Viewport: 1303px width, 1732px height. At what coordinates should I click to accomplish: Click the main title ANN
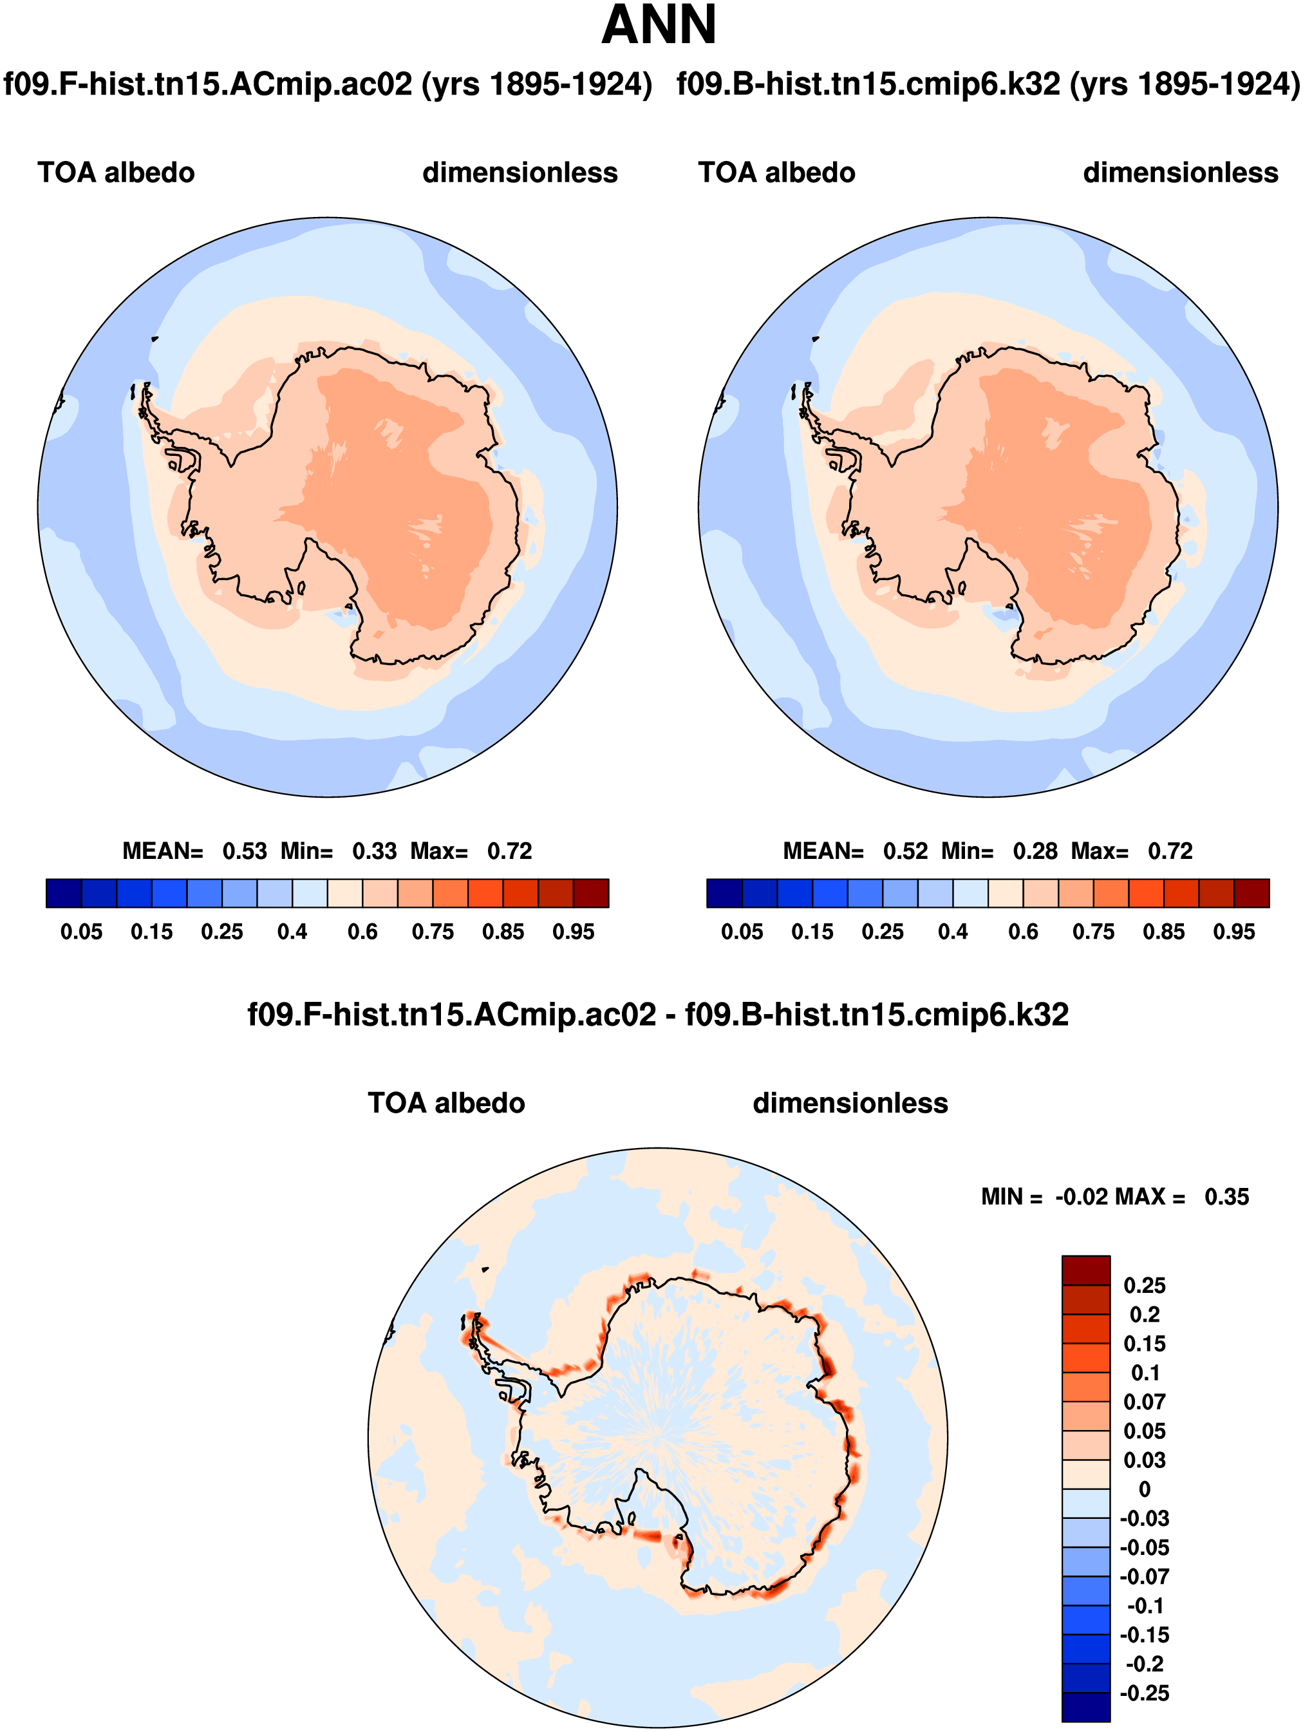point(659,25)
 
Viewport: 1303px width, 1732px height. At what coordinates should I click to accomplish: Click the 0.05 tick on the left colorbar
point(81,932)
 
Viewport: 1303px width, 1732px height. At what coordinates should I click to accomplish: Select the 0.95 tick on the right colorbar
point(1233,932)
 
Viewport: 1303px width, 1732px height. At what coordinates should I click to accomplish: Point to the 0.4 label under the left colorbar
point(292,932)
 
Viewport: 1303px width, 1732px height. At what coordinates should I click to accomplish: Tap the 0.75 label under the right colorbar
point(1093,932)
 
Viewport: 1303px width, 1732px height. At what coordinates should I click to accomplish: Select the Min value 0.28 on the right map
point(1035,851)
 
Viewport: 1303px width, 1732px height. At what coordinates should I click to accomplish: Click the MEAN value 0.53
point(245,851)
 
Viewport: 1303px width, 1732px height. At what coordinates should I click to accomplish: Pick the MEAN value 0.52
point(905,851)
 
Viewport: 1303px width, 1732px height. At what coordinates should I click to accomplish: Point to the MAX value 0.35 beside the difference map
point(1226,1196)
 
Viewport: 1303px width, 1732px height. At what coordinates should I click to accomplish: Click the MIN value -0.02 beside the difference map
point(1082,1196)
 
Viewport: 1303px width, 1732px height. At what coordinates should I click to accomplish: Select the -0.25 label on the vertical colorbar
point(1144,1693)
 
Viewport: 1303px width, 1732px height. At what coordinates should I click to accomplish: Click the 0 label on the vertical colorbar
point(1144,1489)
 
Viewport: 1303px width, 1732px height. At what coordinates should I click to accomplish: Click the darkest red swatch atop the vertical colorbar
point(1085,1270)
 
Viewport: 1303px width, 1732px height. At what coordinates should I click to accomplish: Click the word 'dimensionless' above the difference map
point(850,1102)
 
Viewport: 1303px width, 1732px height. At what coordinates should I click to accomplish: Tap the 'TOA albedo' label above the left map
point(116,173)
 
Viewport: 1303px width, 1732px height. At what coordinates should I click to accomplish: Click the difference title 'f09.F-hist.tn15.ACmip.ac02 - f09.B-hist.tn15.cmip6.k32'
point(658,1015)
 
